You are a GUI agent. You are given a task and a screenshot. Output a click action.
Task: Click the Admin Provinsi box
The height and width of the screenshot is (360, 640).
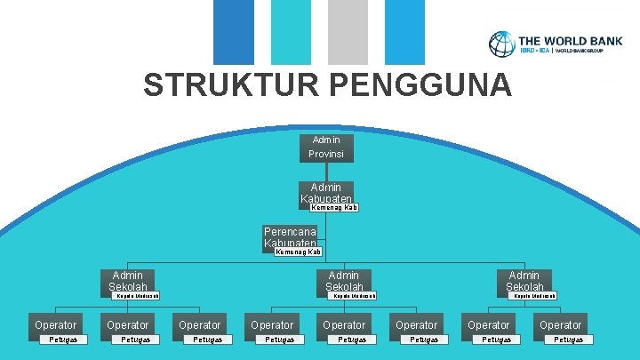coord(326,147)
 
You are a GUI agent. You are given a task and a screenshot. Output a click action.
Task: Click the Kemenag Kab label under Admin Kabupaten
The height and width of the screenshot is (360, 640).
coord(334,208)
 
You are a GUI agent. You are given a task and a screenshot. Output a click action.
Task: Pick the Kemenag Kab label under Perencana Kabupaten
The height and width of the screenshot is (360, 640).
coord(299,252)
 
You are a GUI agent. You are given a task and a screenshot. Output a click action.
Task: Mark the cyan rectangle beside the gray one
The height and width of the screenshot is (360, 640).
coord(290,32)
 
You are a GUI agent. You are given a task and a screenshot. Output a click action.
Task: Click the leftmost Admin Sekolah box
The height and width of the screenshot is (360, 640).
coord(128,281)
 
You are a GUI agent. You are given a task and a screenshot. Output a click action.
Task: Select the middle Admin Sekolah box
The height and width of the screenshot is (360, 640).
coord(344,281)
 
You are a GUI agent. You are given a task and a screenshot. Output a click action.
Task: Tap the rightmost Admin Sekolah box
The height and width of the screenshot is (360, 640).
coord(524,281)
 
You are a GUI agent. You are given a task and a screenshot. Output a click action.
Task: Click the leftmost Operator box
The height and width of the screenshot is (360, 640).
coord(56,325)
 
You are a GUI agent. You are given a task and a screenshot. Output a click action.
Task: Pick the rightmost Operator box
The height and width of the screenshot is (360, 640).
coord(561,325)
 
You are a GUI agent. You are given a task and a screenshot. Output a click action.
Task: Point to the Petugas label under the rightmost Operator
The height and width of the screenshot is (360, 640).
coord(570,340)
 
